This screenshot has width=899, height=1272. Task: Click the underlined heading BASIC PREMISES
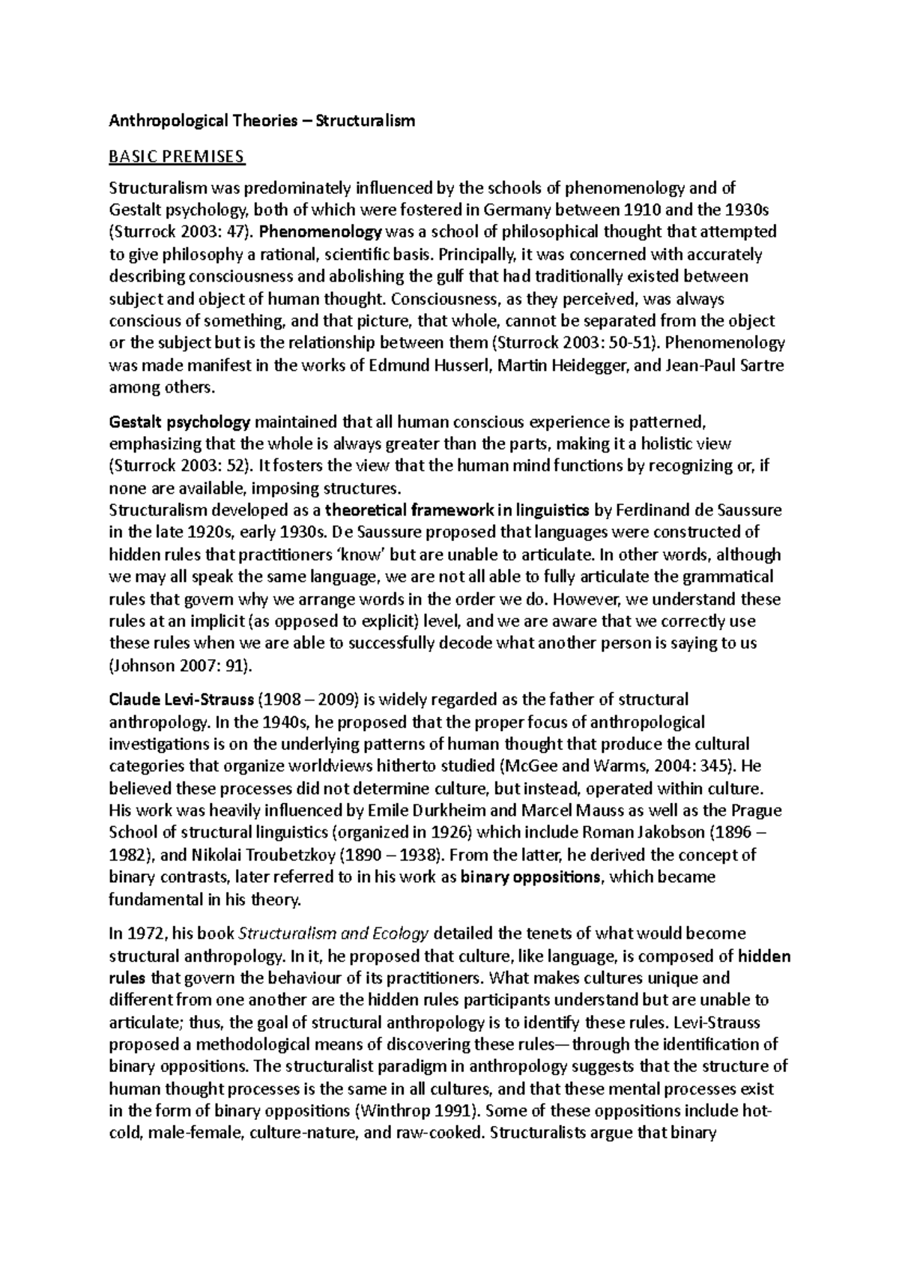click(x=177, y=157)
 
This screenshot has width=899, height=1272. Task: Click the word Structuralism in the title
click(x=366, y=120)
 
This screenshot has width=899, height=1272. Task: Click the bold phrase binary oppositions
click(x=530, y=877)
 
